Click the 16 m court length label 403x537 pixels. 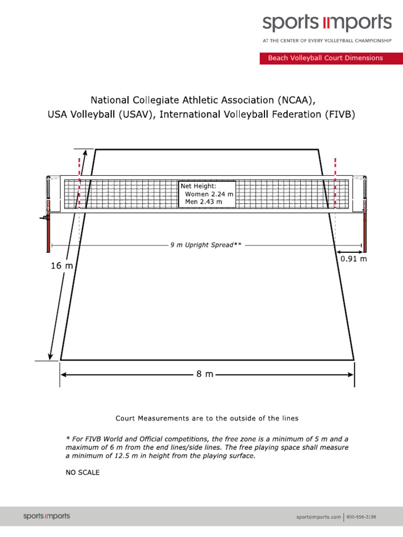click(61, 266)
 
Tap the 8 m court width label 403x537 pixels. click(205, 374)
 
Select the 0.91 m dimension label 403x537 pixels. click(354, 259)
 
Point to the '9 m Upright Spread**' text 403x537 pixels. click(206, 245)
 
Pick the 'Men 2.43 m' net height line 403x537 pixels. click(204, 201)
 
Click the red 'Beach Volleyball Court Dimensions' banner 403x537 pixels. click(325, 58)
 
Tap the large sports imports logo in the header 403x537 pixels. click(327, 23)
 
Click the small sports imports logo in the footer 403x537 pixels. click(46, 516)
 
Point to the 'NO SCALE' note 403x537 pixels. click(82, 472)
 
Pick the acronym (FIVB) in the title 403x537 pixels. click(335, 114)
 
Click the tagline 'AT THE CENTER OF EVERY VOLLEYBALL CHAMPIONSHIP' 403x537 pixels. click(327, 40)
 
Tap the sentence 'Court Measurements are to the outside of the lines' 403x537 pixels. click(207, 418)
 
